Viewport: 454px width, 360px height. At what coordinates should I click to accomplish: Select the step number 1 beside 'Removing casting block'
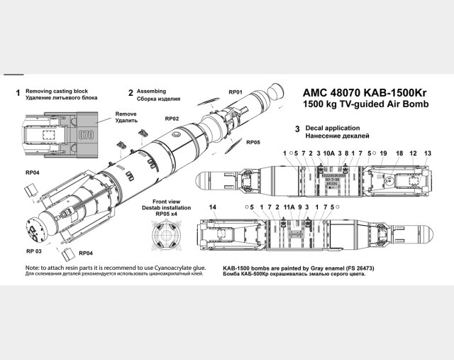tap(17, 93)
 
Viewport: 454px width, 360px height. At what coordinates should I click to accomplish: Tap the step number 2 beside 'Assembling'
tap(131, 93)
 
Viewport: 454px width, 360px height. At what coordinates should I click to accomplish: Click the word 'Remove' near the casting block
tap(126, 114)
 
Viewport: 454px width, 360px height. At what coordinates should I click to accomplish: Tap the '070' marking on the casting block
tap(86, 133)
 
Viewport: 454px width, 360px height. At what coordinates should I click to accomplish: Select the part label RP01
tap(236, 92)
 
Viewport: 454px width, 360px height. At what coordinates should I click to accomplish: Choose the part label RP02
tap(172, 118)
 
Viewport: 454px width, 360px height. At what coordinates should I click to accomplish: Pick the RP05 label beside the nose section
tap(253, 142)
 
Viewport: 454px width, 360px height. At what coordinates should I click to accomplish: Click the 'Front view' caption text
tap(167, 200)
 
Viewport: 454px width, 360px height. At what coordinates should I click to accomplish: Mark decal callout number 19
tap(383, 153)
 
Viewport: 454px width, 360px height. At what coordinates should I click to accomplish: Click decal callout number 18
tap(399, 153)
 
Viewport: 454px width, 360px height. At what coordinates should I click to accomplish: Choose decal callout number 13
tap(428, 153)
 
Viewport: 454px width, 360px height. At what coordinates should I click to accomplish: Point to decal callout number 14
tap(212, 207)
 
